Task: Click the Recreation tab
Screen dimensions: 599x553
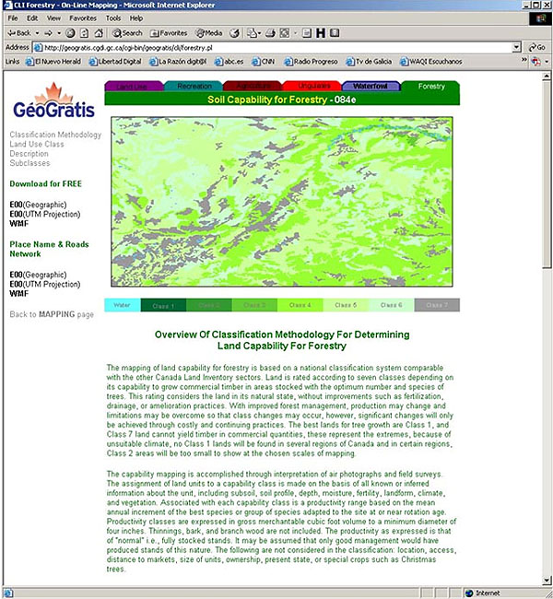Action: pos(194,86)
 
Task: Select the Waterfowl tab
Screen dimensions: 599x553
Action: pos(370,86)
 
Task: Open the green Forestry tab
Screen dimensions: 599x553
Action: pos(430,86)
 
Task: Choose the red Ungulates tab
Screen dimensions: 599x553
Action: pos(313,86)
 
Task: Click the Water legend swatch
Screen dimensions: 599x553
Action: pos(122,305)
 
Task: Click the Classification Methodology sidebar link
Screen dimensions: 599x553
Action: pos(54,135)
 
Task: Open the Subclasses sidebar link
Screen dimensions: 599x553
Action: pos(29,163)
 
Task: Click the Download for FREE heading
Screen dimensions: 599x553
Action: pos(45,183)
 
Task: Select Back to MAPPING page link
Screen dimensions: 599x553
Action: pos(52,314)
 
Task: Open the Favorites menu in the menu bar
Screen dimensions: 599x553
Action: pos(82,18)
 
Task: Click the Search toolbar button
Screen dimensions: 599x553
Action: pos(126,32)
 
